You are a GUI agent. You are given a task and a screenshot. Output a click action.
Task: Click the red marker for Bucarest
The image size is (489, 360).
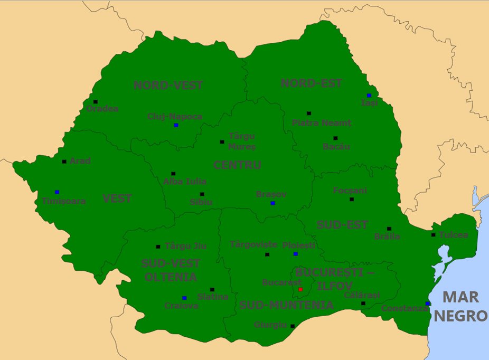(x=300, y=289)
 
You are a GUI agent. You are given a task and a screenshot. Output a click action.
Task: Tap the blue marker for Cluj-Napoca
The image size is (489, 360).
(x=176, y=125)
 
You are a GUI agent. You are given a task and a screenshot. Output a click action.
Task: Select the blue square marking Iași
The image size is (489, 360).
(x=369, y=96)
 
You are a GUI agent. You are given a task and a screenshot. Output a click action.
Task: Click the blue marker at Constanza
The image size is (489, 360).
(x=427, y=304)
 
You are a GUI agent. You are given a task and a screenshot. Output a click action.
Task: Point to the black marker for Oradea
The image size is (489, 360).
(x=96, y=102)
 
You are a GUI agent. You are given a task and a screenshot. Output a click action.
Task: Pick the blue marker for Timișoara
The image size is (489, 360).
(x=57, y=192)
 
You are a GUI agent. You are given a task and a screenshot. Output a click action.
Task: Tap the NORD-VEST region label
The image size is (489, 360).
(x=168, y=86)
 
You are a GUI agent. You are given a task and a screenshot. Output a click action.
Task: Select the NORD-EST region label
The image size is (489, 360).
(x=311, y=83)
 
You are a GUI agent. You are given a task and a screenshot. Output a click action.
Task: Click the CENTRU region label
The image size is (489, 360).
(x=237, y=165)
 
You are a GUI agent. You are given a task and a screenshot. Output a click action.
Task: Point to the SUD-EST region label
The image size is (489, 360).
(x=342, y=225)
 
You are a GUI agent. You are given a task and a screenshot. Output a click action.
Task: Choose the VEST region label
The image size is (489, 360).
(x=117, y=199)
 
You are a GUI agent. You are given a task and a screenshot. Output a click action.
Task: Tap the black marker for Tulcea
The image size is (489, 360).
(x=434, y=235)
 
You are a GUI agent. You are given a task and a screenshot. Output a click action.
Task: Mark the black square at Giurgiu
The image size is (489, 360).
(x=293, y=326)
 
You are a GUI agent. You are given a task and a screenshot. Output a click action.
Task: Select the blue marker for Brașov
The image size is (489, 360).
(x=272, y=203)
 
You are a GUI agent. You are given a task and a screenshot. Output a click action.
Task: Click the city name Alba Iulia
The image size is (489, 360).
(x=185, y=182)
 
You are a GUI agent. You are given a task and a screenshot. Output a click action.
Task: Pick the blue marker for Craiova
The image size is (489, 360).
(x=184, y=298)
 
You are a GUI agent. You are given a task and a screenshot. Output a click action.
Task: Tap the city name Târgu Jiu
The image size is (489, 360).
(x=185, y=246)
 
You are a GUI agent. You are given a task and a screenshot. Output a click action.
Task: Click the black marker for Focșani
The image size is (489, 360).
(x=352, y=199)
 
